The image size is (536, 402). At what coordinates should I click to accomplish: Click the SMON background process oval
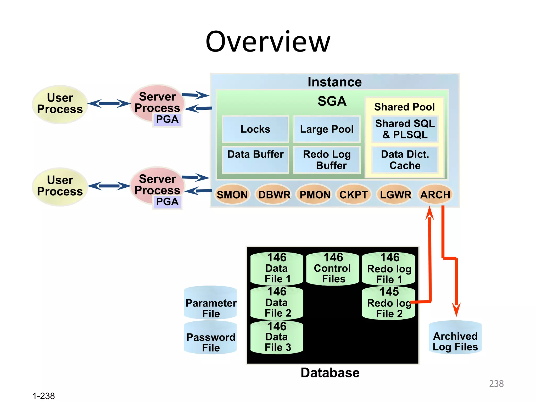pyautogui.click(x=232, y=195)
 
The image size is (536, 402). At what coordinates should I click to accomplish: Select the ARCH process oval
pyautogui.click(x=435, y=195)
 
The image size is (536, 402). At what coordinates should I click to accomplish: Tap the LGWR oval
pyautogui.click(x=395, y=195)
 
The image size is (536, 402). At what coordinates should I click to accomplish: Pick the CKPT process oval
pyautogui.click(x=354, y=195)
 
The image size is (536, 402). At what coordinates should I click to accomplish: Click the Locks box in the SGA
pyautogui.click(x=255, y=129)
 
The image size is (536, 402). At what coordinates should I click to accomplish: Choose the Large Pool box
pyautogui.click(x=327, y=129)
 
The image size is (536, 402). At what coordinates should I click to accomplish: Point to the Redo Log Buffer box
pyautogui.click(x=327, y=160)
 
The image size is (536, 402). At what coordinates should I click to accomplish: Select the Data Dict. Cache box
pyautogui.click(x=405, y=160)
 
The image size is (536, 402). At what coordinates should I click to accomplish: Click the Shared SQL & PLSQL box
pyautogui.click(x=405, y=129)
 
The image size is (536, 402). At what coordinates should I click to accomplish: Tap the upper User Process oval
pyautogui.click(x=60, y=104)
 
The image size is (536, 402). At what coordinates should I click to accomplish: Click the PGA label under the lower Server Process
pyautogui.click(x=167, y=202)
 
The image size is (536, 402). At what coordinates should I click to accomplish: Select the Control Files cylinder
pyautogui.click(x=333, y=268)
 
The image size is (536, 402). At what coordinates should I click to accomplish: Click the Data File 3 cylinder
pyautogui.click(x=277, y=338)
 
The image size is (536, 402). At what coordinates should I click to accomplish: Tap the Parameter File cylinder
pyautogui.click(x=211, y=304)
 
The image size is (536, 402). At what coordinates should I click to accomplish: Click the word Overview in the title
pyautogui.click(x=268, y=42)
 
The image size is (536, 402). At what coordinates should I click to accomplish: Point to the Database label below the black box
pyautogui.click(x=330, y=373)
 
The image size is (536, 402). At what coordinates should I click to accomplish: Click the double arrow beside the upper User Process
pyautogui.click(x=109, y=104)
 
